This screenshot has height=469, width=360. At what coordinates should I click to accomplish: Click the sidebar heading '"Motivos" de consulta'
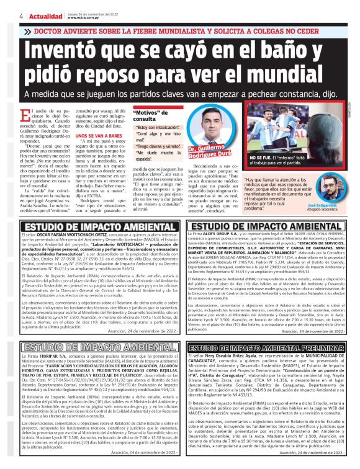[x=153, y=115]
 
